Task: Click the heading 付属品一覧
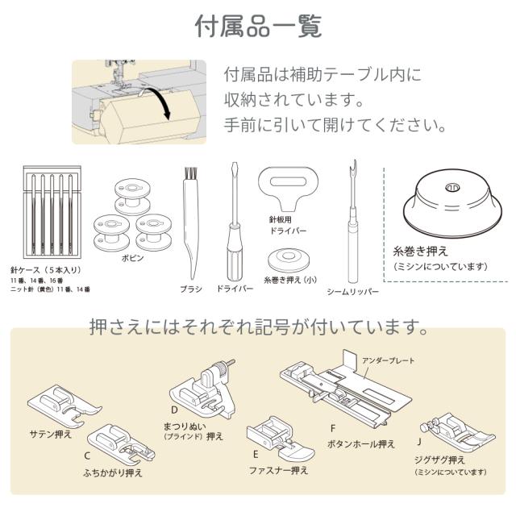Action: (x=258, y=27)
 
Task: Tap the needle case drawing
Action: (x=52, y=212)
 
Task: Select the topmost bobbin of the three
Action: (x=132, y=197)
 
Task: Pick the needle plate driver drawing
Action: (x=290, y=188)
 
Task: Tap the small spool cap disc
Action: (x=289, y=260)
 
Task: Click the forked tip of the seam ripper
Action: (x=353, y=167)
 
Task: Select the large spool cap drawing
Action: (x=452, y=203)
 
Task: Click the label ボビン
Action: (x=132, y=258)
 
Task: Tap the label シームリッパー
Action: (x=353, y=292)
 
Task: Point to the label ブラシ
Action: (x=191, y=289)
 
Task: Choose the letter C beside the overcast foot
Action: (x=87, y=456)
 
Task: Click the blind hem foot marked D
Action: (x=202, y=389)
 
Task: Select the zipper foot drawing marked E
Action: (x=281, y=439)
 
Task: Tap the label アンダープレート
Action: (x=388, y=360)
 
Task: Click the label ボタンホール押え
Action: (x=360, y=444)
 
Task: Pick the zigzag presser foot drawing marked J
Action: (x=458, y=433)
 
